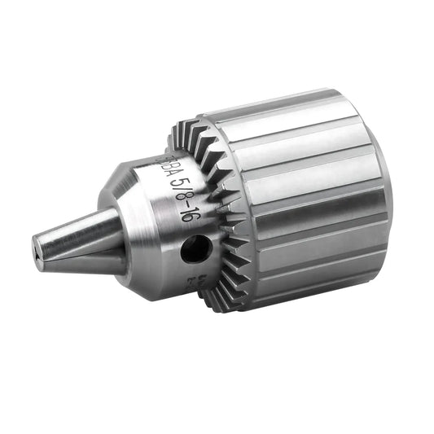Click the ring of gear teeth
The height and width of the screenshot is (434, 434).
point(220,212)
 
